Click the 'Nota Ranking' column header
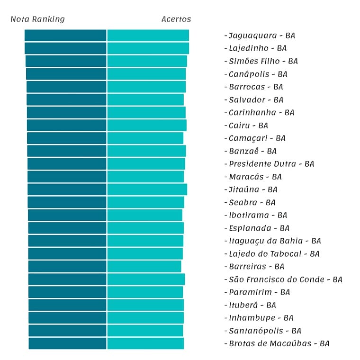(37, 19)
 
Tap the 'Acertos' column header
(176, 19)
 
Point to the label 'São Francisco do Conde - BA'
(285, 279)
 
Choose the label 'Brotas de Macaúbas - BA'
(279, 343)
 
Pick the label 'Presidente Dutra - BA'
(271, 164)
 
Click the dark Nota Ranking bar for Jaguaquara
(65, 36)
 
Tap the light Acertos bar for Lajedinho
(148, 48)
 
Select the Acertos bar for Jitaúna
(147, 189)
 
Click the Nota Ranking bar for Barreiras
(67, 266)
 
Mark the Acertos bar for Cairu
(147, 125)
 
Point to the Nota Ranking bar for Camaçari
(67, 138)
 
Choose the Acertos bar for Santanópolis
(145, 331)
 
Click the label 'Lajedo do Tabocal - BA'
(274, 254)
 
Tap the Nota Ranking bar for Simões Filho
(66, 61)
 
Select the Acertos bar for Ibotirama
(144, 215)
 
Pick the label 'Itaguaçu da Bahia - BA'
(275, 241)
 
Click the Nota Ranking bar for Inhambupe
(67, 318)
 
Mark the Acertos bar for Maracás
(145, 177)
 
